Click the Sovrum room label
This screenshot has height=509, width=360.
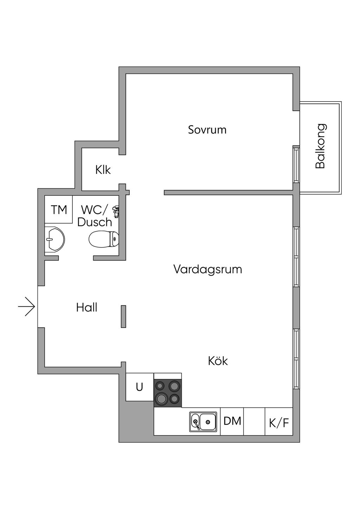click(x=207, y=130)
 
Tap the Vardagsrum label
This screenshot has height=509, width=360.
click(x=207, y=270)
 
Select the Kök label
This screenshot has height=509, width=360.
click(x=218, y=361)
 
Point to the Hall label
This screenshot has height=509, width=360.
click(x=86, y=308)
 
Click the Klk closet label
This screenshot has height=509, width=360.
click(x=103, y=170)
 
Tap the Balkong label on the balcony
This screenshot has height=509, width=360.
click(x=320, y=146)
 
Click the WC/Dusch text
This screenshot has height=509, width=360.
click(x=94, y=216)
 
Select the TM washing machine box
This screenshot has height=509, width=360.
click(x=59, y=210)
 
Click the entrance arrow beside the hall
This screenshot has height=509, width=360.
click(x=27, y=307)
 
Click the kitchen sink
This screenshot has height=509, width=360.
click(x=203, y=421)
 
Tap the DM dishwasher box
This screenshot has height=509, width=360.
click(x=232, y=421)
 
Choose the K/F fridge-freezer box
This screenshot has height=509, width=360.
click(x=279, y=422)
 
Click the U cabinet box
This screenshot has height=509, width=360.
click(x=140, y=387)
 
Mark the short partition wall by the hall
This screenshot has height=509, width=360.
click(x=123, y=316)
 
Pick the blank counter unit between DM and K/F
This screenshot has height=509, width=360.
click(x=254, y=421)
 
